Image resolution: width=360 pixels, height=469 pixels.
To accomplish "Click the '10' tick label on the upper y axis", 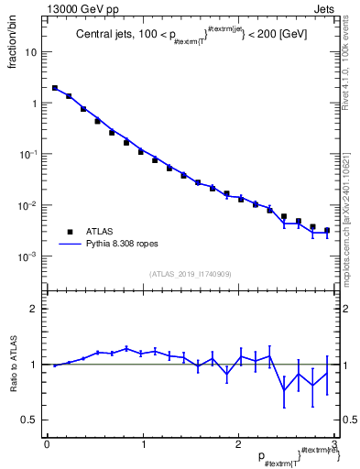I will coord(31,52).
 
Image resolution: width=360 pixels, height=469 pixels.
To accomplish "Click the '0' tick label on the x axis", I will coord(46,445).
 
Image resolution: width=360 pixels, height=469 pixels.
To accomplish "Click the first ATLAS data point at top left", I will coord(55,89).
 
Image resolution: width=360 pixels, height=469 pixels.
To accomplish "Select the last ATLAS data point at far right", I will coord(327,231).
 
